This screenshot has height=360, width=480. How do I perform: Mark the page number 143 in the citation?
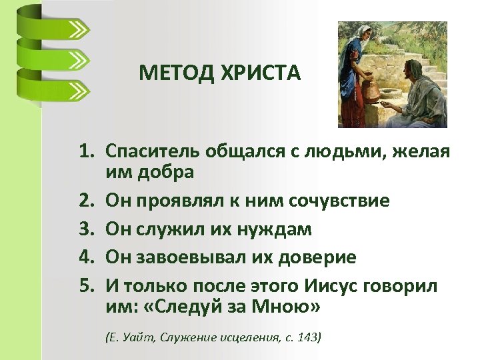pyautogui.click(x=308, y=337)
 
